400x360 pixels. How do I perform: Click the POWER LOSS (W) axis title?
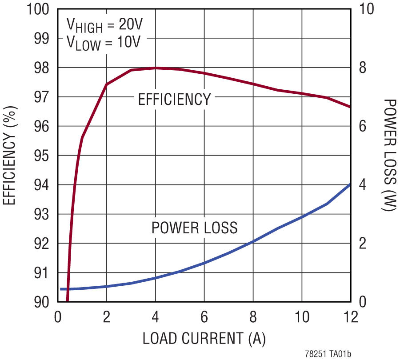click(x=389, y=155)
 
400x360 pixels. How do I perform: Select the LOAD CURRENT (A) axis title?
click(x=204, y=339)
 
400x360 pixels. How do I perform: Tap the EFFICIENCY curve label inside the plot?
click(x=174, y=100)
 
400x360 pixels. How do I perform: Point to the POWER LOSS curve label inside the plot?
click(x=194, y=228)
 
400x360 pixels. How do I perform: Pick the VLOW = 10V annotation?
click(x=103, y=43)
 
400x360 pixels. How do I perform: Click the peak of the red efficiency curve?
click(x=155, y=68)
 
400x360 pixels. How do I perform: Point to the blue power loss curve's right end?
click(x=350, y=184)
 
